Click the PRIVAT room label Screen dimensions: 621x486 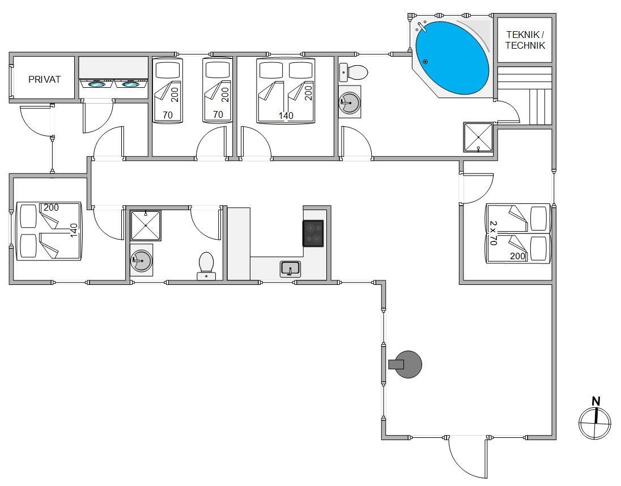coord(44,79)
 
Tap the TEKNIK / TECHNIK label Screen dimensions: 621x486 coord(525,40)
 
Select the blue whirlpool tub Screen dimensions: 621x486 coord(452,58)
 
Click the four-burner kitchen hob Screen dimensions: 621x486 coord(313,233)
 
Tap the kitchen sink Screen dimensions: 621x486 coord(290,269)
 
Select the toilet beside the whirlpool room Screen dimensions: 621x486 coord(354,71)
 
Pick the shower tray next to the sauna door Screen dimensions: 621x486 coord(478,137)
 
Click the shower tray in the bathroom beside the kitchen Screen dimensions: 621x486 coord(146,225)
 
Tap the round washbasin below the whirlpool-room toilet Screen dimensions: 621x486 coord(350,103)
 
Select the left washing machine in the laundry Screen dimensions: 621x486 coord(97,83)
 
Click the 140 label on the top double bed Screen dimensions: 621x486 coord(286,115)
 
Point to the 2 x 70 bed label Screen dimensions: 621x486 coord(493,233)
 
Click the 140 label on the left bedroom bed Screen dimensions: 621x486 coord(74,231)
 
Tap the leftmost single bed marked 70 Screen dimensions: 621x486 coord(168,90)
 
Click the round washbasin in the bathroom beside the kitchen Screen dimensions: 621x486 coord(142,261)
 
